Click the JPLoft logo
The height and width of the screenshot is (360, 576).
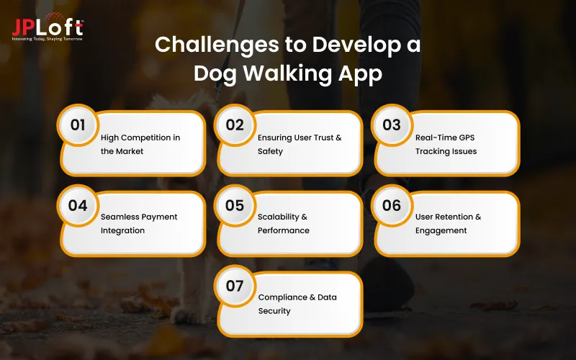click(x=47, y=28)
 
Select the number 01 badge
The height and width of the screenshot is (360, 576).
click(x=78, y=125)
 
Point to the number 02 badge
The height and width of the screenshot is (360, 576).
click(x=235, y=125)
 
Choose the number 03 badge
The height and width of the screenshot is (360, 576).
click(x=392, y=125)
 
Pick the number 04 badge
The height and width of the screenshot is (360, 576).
click(x=78, y=205)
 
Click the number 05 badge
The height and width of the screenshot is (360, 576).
click(x=235, y=205)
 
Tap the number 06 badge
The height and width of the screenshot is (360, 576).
click(x=392, y=205)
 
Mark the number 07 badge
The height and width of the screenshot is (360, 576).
click(x=235, y=286)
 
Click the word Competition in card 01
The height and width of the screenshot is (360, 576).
click(x=145, y=138)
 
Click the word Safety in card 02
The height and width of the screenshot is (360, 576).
click(x=270, y=151)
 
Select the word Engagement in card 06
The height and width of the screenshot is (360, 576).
click(x=441, y=230)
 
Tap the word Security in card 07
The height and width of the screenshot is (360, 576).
click(x=274, y=311)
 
